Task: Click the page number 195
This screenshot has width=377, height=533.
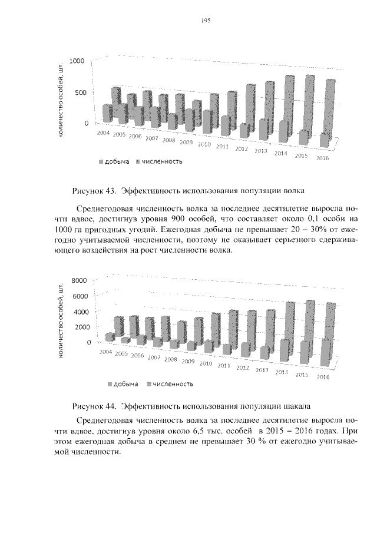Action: click(206, 21)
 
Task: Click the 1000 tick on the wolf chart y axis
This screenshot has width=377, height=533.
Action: click(77, 61)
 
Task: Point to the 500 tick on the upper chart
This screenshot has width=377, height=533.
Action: click(80, 92)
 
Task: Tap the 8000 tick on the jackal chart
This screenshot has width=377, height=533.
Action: click(78, 280)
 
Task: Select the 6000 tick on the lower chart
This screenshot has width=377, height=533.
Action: click(78, 296)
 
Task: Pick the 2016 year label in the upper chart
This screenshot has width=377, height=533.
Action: click(323, 158)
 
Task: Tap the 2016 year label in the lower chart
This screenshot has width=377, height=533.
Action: click(322, 377)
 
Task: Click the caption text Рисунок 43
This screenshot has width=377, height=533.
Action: click(94, 191)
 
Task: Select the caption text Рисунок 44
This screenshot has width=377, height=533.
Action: click(94, 406)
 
